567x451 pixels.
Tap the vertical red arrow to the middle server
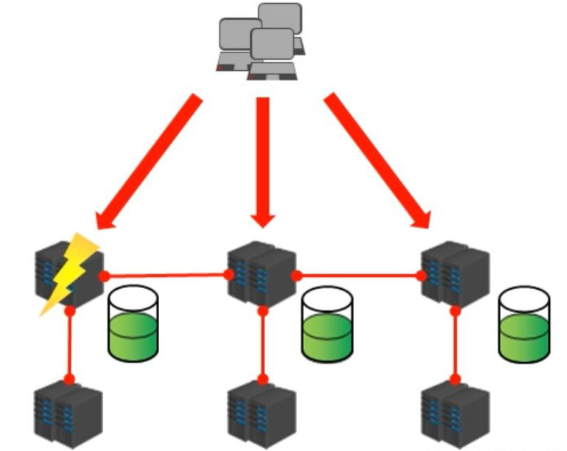(x=263, y=158)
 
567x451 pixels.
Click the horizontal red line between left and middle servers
(x=166, y=276)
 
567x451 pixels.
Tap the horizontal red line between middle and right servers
(x=359, y=276)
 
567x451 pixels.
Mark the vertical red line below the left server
(x=70, y=346)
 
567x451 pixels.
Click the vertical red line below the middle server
(x=262, y=346)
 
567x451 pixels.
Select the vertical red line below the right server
(x=455, y=346)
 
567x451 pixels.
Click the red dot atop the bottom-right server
(x=455, y=380)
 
